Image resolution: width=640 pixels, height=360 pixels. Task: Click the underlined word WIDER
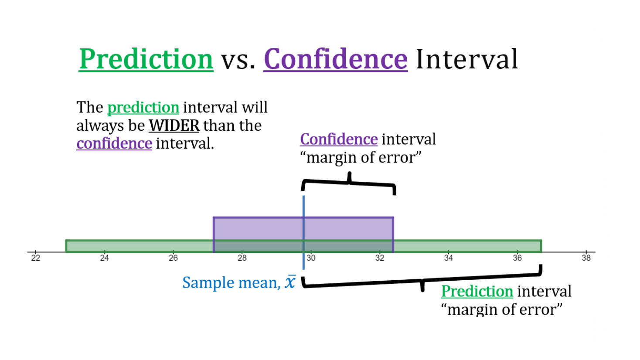[174, 126]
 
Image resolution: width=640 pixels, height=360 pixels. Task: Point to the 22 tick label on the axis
[36, 258]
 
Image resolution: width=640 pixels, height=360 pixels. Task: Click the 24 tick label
[104, 258]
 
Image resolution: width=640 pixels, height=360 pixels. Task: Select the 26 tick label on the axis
[173, 258]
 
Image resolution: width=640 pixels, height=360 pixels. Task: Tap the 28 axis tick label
[242, 258]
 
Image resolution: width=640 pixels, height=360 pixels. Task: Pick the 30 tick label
[311, 258]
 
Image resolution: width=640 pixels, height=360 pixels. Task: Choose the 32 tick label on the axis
[380, 258]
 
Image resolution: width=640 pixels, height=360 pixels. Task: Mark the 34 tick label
[448, 258]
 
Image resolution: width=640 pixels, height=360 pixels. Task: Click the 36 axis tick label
[517, 258]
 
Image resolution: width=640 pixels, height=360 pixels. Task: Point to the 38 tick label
[586, 258]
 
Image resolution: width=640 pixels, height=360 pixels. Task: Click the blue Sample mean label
[231, 283]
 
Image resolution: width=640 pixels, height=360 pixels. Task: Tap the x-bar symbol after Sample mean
[290, 282]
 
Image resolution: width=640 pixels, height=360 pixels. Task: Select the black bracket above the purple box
[349, 182]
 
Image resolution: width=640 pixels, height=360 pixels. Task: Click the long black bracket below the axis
[422, 281]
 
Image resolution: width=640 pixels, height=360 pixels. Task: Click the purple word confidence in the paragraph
[114, 143]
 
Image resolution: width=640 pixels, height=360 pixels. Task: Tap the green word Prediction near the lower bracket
[477, 291]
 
